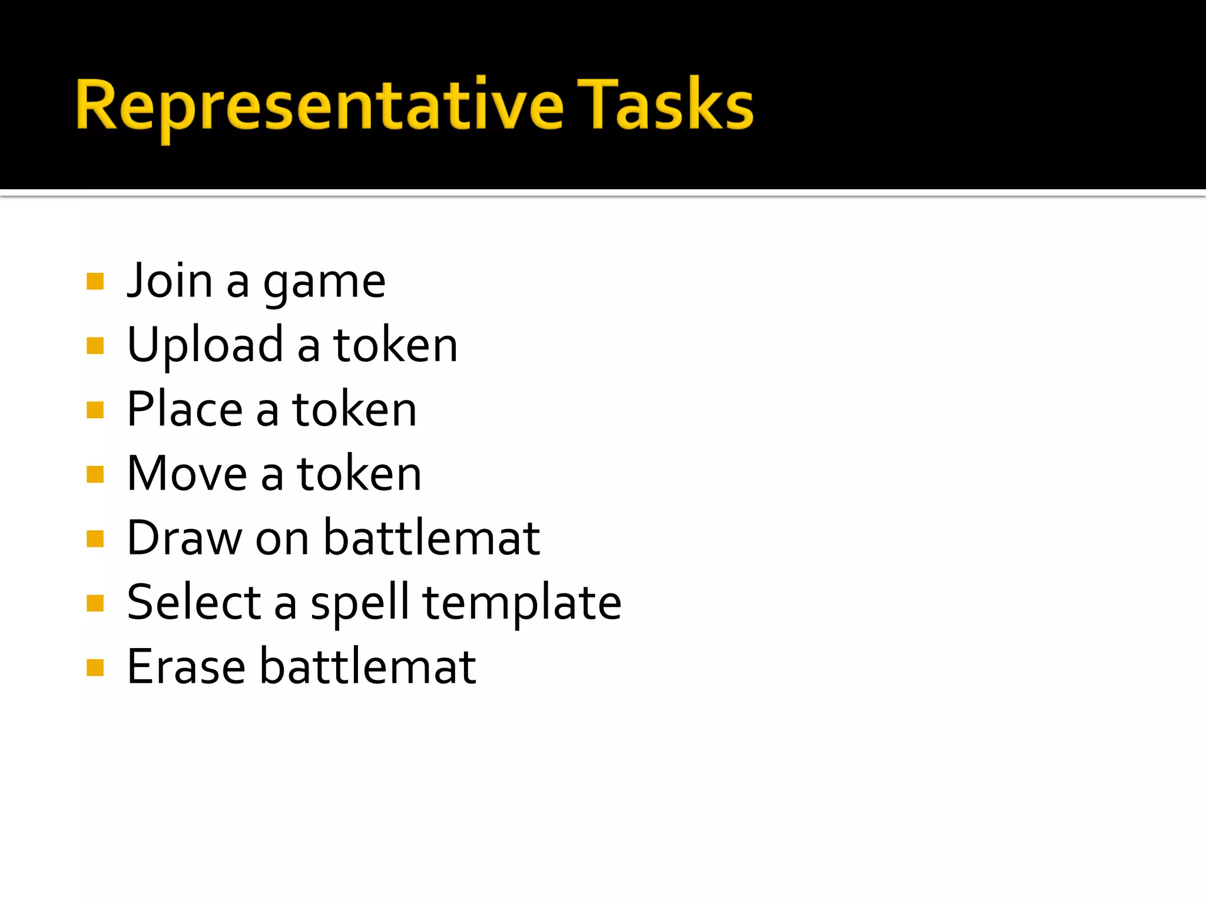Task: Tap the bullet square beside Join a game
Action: click(95, 282)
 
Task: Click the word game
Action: click(324, 284)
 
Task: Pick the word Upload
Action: click(205, 346)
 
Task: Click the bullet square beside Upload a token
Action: click(95, 346)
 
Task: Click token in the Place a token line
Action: click(354, 410)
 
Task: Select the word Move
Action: click(187, 474)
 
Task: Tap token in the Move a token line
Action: click(359, 474)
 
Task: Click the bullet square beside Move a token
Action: click(95, 474)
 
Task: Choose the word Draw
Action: click(184, 538)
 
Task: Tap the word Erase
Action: click(186, 667)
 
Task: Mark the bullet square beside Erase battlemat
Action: click(95, 668)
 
